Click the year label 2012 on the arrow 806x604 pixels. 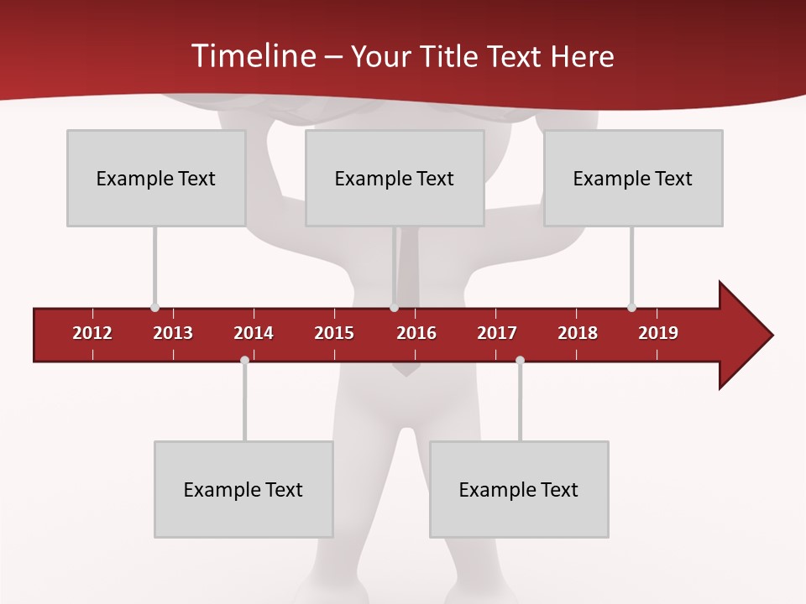click(x=92, y=333)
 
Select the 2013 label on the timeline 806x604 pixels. click(x=173, y=333)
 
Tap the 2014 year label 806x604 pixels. click(x=254, y=333)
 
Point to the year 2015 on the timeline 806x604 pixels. click(x=334, y=333)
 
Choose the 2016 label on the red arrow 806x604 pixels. click(x=416, y=333)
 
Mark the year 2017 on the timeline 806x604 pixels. click(x=497, y=333)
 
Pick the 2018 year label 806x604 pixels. click(x=578, y=333)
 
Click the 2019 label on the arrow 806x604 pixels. click(x=658, y=333)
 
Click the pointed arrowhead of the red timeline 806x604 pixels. click(x=747, y=335)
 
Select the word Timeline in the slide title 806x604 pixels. click(x=252, y=56)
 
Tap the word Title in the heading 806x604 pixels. click(x=451, y=56)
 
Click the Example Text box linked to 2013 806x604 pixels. click(x=156, y=178)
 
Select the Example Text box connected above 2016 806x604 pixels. click(x=395, y=178)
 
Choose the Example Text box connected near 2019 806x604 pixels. click(x=633, y=178)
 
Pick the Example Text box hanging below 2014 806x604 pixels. click(x=243, y=489)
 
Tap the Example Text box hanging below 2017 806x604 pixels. click(x=519, y=489)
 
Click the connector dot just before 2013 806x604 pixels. click(x=154, y=308)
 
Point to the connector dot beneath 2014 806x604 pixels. click(x=244, y=360)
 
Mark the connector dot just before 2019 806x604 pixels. click(x=631, y=308)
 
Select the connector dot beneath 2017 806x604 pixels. click(x=520, y=360)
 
